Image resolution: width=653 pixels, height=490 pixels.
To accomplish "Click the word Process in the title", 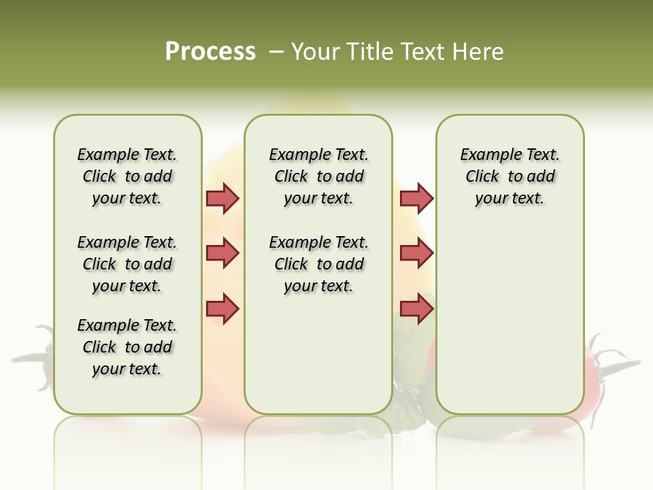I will click(210, 52).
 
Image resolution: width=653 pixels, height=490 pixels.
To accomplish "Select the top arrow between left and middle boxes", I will click(222, 198).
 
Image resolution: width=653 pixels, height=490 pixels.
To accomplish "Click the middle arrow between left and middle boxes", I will click(222, 253).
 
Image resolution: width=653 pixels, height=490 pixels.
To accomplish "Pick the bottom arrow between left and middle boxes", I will click(222, 308).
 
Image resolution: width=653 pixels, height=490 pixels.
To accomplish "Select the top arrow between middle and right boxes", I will click(416, 198).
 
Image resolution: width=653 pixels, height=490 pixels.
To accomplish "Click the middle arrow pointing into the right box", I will click(416, 253).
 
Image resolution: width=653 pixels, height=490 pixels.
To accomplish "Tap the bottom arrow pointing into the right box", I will click(416, 308).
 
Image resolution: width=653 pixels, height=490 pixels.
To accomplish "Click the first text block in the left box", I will click(127, 176).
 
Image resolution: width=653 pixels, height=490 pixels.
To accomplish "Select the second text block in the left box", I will click(127, 264).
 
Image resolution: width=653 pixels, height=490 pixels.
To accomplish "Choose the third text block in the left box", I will click(127, 347).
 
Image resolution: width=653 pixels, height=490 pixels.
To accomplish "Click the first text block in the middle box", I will click(319, 176).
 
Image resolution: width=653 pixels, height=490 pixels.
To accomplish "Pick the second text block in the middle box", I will click(319, 264).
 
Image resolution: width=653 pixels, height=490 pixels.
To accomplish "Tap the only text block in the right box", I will click(510, 176).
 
